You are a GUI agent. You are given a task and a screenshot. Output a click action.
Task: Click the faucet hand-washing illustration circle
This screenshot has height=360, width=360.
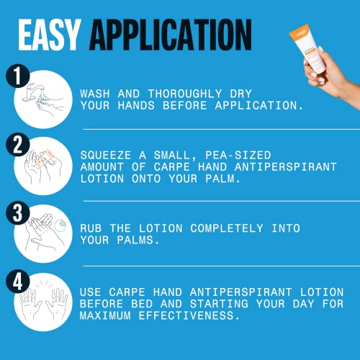[45, 97]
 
